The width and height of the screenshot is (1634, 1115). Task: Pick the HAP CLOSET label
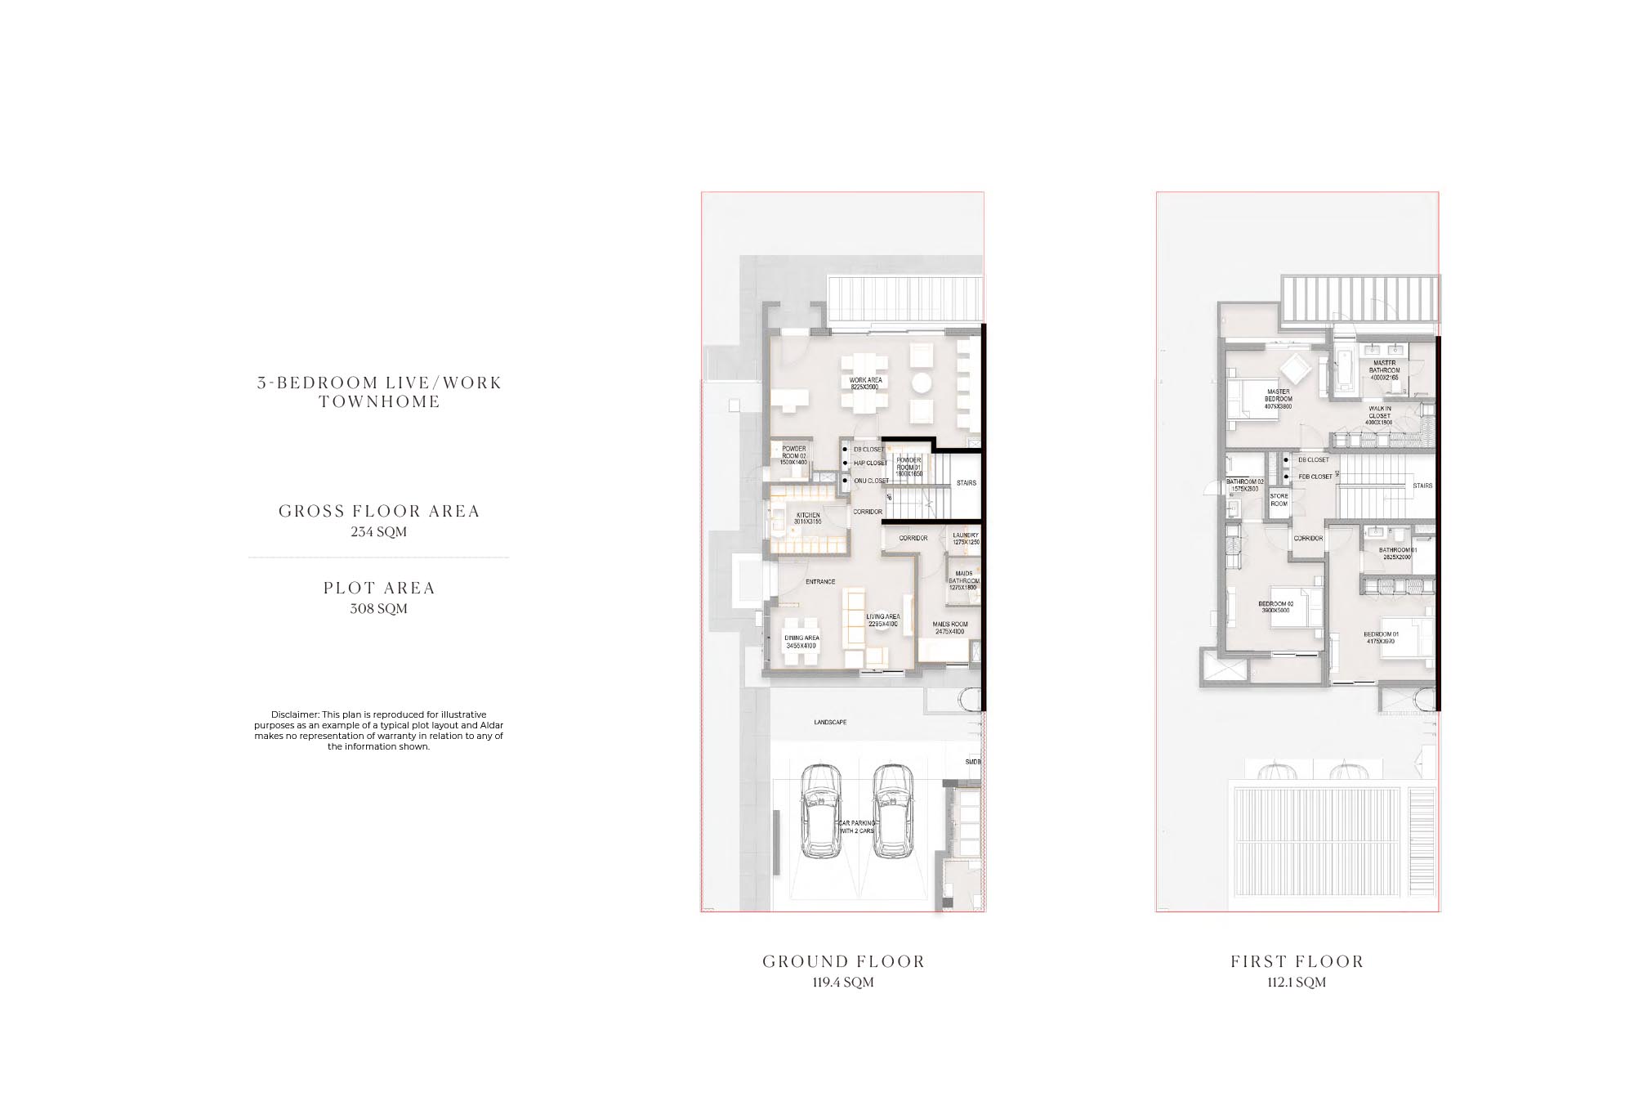(x=870, y=463)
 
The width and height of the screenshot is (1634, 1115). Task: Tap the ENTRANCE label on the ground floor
(x=820, y=582)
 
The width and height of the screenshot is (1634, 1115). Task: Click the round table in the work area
(x=922, y=383)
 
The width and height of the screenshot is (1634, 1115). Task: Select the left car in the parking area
(x=820, y=811)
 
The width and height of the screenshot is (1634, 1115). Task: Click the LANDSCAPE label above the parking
(x=830, y=723)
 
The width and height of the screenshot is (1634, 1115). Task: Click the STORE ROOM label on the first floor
(x=1279, y=499)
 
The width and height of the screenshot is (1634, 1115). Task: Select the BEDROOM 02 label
(x=1275, y=607)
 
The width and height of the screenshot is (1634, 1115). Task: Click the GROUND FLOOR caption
(x=843, y=961)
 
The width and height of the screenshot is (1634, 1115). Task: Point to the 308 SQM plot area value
(x=378, y=608)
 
